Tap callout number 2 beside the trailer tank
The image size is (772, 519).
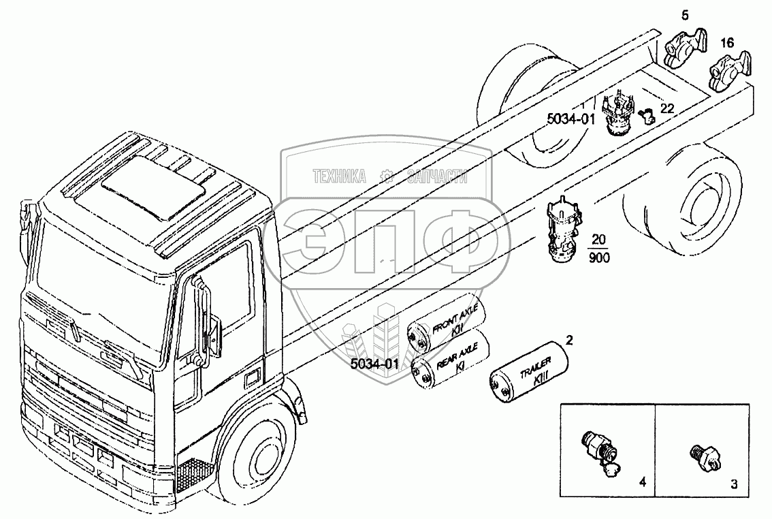click(569, 340)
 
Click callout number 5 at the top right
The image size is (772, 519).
click(685, 15)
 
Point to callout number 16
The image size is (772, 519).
click(727, 43)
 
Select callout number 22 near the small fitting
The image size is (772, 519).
click(666, 108)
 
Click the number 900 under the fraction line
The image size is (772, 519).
click(599, 257)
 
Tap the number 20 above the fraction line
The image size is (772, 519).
click(598, 240)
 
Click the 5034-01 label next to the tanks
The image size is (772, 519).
click(374, 364)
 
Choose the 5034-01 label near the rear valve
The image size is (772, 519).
click(571, 119)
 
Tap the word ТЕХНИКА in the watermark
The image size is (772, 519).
click(340, 176)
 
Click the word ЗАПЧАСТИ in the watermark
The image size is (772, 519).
click(437, 176)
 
